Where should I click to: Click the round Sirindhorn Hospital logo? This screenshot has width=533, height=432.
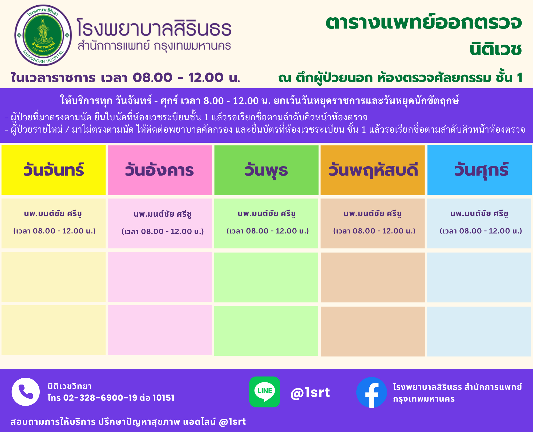43,35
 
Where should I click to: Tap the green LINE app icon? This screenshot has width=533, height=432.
265,392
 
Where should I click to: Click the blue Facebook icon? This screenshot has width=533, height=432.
372,392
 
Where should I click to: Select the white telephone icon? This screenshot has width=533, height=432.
26,392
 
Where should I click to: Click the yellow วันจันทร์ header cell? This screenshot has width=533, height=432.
54,170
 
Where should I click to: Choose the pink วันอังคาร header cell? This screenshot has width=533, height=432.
160,170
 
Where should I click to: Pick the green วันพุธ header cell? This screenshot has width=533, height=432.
266,170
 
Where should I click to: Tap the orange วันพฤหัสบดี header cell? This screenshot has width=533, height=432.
373,170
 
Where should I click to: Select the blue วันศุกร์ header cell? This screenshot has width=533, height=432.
479,170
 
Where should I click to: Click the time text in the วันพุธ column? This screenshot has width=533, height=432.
268,231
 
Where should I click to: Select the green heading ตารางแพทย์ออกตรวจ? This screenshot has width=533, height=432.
424,22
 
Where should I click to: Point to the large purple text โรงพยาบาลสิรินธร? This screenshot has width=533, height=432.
154,27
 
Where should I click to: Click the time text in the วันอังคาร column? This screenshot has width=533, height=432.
163,232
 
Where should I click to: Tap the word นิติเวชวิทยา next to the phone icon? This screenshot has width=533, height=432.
70,386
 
